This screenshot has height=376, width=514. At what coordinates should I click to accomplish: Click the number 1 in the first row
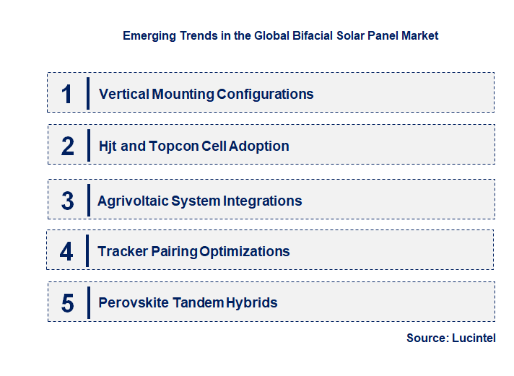point(67,94)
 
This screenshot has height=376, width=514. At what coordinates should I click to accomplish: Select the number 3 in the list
point(68,201)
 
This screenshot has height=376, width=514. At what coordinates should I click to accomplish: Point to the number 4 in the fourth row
point(67,252)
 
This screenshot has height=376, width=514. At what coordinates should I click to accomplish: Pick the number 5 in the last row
point(68,303)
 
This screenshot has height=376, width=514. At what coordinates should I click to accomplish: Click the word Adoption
point(258,146)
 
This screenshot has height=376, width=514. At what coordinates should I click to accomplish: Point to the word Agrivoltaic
point(132,201)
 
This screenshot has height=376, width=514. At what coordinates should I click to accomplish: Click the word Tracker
point(122,251)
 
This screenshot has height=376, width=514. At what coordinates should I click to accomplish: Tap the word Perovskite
point(133,302)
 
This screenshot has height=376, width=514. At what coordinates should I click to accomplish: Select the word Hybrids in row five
point(252,302)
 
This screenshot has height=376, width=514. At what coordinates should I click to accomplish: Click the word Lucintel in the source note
point(474,338)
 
